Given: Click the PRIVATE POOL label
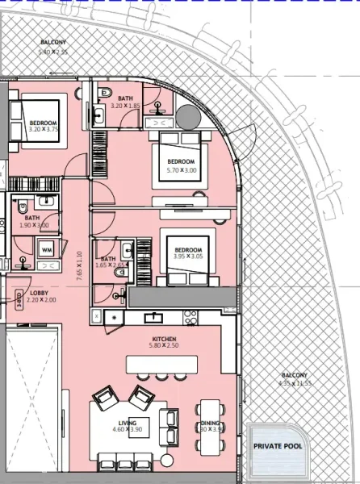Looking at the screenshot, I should (277, 445).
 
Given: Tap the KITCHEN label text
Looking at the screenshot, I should (164, 339).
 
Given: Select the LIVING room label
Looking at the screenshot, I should (127, 423).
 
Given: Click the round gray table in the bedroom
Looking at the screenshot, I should (190, 118).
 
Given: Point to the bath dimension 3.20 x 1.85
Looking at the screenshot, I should (124, 106).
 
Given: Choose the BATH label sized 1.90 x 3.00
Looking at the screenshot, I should (31, 217).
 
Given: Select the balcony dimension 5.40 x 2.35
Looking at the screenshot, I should (55, 52).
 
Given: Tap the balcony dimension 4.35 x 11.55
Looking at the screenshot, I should (294, 384).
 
